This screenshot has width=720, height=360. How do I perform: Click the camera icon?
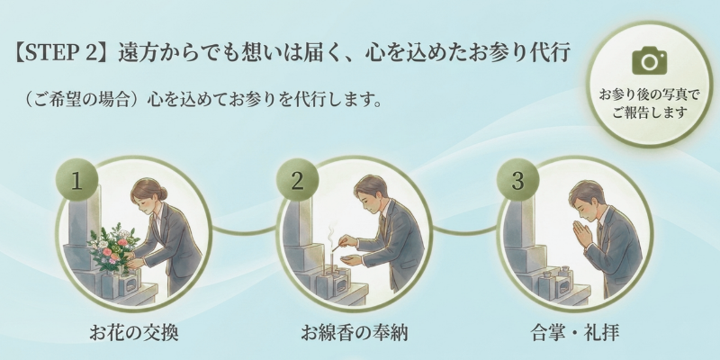click(649, 60)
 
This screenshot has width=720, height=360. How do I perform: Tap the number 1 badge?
click(76, 180)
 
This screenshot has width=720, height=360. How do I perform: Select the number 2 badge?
click(297, 180)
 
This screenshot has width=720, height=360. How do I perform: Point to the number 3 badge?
click(517, 180)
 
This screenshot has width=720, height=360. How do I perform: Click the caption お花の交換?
click(133, 333)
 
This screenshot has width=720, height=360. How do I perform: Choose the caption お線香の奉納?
click(354, 333)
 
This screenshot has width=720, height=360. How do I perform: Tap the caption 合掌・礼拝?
click(574, 333)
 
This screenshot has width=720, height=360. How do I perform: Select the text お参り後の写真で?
click(649, 95)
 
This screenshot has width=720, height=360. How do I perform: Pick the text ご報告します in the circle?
click(649, 112)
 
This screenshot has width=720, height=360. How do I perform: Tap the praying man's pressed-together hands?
click(581, 233)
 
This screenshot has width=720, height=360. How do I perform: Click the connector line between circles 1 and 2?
click(244, 230)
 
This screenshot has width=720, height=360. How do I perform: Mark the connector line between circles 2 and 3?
click(464, 230)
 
